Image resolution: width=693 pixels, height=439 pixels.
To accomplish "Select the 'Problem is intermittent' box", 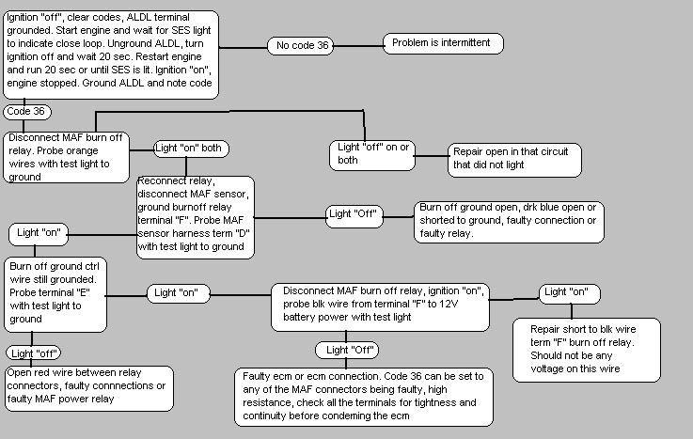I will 443,43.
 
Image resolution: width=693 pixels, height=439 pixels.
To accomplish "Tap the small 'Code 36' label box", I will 26,112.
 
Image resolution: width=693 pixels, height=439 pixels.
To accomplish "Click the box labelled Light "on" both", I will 192,149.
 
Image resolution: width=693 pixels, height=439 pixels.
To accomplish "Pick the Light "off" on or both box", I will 374,153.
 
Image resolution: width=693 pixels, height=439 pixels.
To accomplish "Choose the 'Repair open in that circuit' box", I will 512,157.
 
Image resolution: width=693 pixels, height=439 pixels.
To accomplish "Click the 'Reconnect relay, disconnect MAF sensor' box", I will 196,214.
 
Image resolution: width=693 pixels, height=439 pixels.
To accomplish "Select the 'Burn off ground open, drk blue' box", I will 509,221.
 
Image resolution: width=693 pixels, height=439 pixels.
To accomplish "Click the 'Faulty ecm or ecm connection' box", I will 361,395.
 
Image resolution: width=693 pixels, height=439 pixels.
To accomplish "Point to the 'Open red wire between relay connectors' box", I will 89,387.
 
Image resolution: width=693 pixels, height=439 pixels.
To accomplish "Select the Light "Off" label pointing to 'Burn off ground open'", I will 354,214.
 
